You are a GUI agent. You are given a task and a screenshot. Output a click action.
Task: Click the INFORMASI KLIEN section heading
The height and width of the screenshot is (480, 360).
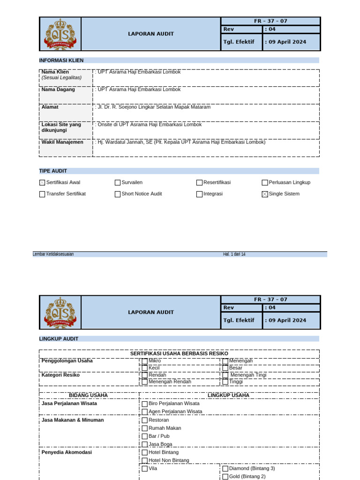61,60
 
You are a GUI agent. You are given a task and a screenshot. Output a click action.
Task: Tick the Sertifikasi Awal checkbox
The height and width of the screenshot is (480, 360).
42,183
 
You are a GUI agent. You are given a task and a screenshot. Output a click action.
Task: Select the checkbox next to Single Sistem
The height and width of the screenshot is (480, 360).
265,194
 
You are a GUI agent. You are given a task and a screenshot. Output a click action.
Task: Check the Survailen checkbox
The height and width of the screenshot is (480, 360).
118,183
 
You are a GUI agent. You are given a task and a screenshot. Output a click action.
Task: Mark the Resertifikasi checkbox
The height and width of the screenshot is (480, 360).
199,183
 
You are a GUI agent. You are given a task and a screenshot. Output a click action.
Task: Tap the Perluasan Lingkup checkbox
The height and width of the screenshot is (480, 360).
265,183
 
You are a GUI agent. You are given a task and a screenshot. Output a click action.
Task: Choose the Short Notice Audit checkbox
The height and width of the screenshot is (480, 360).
118,194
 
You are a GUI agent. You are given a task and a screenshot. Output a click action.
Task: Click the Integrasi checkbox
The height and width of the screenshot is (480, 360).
199,194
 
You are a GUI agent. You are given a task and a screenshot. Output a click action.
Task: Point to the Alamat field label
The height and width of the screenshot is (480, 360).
50,107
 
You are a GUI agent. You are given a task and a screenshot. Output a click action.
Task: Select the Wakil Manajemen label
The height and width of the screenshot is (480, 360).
62,142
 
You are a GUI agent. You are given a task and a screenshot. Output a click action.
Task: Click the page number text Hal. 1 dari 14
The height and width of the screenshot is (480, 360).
234,254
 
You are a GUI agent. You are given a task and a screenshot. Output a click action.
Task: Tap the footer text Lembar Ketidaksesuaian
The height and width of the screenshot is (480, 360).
53,254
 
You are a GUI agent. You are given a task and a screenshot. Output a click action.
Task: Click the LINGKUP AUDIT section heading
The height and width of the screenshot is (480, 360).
59,338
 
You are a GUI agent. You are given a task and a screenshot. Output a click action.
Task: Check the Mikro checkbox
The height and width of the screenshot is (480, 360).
144,361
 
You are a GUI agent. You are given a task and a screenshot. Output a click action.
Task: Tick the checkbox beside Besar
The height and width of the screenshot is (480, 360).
225,368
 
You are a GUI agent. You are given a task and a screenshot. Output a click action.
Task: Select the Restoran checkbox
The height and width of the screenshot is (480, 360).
144,420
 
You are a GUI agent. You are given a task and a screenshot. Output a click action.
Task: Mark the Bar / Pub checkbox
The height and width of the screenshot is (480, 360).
144,436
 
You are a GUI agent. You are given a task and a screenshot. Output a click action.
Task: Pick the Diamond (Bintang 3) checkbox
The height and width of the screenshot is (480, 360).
225,468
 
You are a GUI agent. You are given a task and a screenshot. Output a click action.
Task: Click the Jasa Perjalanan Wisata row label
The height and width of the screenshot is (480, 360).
69,403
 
